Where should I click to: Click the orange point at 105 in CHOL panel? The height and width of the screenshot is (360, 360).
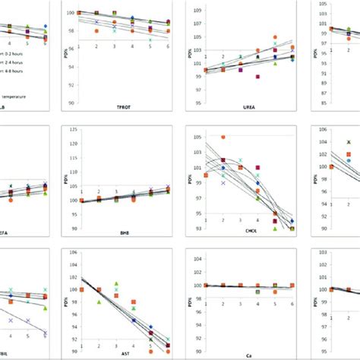click(x=223, y=137)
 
